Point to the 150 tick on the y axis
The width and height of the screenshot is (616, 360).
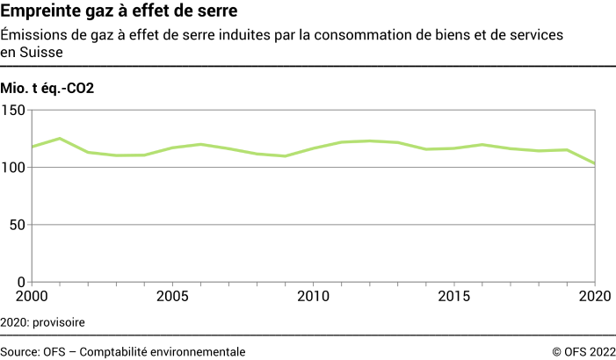coord(15,111)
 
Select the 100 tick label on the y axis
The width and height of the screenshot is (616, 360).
coord(15,168)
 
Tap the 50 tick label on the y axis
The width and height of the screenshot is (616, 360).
coord(18,225)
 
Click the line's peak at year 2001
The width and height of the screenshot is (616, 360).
coord(60,139)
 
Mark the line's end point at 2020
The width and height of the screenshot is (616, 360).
coord(595,163)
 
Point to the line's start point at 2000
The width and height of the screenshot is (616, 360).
coord(32,147)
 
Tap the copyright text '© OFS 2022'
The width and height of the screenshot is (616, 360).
coord(583,350)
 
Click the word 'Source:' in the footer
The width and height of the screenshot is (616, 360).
coord(21,350)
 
